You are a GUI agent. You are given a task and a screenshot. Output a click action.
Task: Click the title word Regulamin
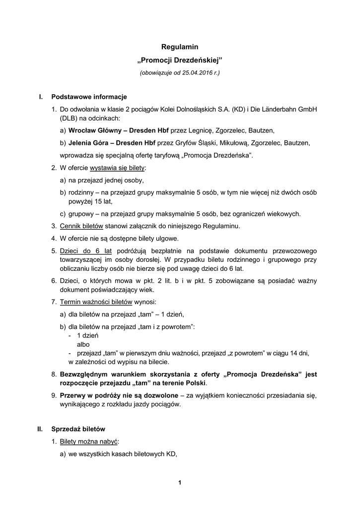180,47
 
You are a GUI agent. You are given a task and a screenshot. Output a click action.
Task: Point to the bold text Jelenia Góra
87,143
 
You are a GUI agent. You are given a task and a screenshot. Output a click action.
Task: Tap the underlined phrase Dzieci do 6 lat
85,251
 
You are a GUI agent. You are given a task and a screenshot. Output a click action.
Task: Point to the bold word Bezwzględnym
87,374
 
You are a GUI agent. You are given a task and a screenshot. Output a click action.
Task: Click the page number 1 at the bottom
180,482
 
